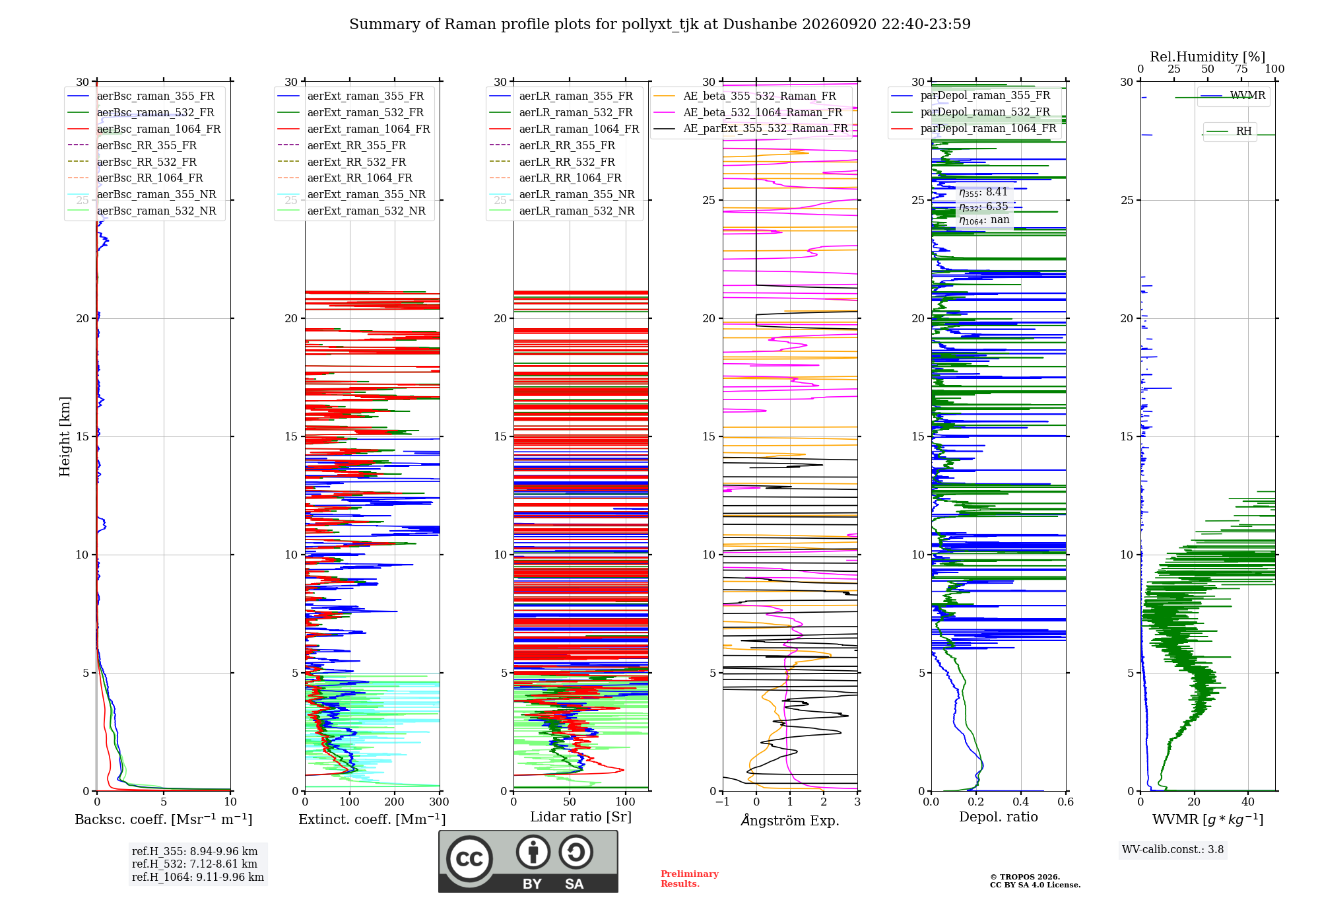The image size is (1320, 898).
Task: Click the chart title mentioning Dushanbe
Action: click(660, 24)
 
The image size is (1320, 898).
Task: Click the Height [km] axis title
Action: click(65, 436)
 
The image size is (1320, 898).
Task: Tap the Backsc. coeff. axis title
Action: click(164, 819)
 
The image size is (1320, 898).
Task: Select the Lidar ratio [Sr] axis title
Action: click(581, 817)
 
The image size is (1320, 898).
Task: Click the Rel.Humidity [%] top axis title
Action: click(1208, 57)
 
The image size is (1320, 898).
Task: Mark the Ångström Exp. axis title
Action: click(790, 820)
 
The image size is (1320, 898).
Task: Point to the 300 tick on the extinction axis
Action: click(439, 802)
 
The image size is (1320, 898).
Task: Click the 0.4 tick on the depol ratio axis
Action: click(1021, 802)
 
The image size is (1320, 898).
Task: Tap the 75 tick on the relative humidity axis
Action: click(1241, 69)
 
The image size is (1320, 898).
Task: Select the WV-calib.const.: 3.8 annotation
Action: click(1173, 850)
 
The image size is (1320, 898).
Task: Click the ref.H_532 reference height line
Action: click(195, 864)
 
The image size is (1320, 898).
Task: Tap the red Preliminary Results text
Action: click(690, 879)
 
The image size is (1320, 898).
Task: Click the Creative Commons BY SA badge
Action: click(528, 861)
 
